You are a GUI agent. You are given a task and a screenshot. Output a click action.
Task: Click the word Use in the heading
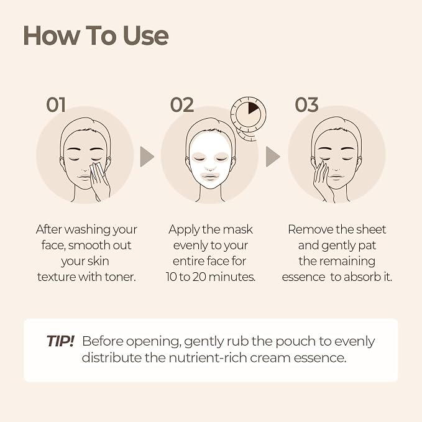[x=146, y=35]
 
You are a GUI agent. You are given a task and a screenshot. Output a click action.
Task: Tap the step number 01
[x=56, y=104]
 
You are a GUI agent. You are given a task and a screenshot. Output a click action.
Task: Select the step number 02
[x=182, y=104]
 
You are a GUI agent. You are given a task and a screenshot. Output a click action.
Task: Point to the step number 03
[x=306, y=104]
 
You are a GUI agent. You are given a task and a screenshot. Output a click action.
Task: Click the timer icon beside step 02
[x=249, y=118]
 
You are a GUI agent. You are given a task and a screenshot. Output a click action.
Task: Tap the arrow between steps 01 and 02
[x=147, y=157]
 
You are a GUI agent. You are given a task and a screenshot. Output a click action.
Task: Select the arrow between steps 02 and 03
[x=273, y=157]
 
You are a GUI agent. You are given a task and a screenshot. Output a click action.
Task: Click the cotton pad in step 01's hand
[x=98, y=170]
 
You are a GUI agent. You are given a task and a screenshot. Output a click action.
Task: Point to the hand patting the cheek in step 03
[x=323, y=180]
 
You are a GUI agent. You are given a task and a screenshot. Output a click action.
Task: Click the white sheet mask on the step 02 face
[x=211, y=159]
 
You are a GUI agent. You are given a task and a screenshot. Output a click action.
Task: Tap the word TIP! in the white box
[x=60, y=341]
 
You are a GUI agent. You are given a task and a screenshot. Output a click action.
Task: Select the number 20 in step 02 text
[x=200, y=277]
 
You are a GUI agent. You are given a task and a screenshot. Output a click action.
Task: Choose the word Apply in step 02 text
[x=184, y=230]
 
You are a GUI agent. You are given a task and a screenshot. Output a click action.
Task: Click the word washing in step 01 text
[x=87, y=230]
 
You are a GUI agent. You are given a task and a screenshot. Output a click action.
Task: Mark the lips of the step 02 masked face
[x=211, y=177]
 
